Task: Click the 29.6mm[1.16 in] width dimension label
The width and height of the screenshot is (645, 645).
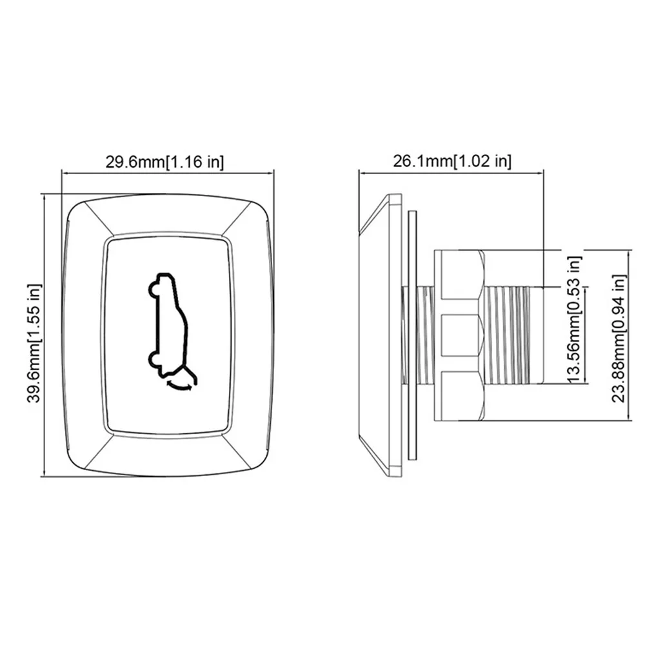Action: click(165, 162)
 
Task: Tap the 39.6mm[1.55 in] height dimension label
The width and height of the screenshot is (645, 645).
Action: click(35, 343)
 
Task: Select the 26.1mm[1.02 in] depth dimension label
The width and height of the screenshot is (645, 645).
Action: click(452, 161)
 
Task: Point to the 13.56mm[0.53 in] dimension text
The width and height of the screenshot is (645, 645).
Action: click(574, 320)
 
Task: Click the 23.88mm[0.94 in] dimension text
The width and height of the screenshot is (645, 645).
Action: click(619, 338)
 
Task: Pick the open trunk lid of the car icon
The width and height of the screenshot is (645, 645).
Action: click(188, 375)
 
